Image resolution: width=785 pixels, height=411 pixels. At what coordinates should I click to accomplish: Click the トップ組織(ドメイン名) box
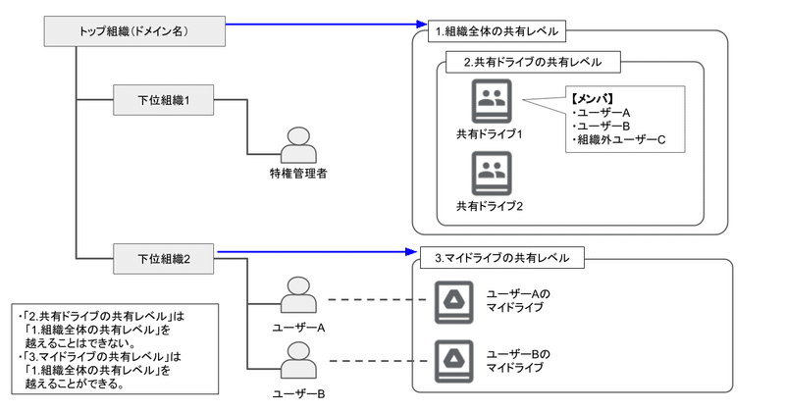(x=133, y=29)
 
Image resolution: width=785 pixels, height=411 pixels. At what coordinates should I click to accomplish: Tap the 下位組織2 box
(x=163, y=259)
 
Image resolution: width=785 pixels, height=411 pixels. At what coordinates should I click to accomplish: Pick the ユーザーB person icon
(x=297, y=362)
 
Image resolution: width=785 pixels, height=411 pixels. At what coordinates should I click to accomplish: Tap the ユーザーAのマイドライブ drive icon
(x=454, y=300)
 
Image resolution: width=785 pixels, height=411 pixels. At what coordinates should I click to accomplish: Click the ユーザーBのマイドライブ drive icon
(x=454, y=360)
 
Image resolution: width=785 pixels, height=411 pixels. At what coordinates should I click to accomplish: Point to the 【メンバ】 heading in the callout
(x=592, y=98)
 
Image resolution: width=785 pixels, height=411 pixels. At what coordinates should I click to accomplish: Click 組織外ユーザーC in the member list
(x=619, y=140)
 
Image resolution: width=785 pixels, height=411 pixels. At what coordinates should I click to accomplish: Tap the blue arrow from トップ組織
(x=324, y=24)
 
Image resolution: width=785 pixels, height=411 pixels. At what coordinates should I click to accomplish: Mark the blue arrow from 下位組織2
(x=314, y=253)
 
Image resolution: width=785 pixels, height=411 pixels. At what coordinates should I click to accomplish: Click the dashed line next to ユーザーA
(x=373, y=299)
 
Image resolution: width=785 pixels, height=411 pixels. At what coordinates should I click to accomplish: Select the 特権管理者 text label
(x=297, y=175)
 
